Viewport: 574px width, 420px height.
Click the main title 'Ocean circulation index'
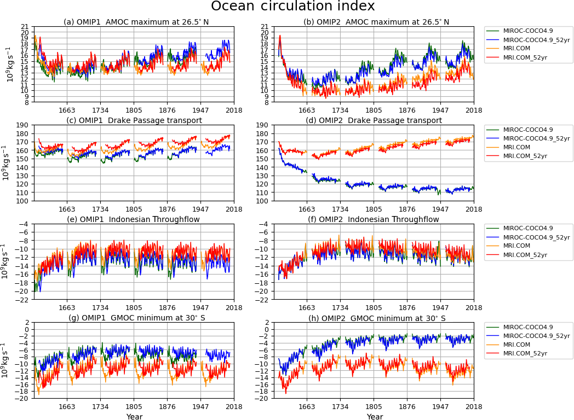[292, 7]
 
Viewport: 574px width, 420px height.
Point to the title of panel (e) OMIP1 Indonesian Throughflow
[134, 219]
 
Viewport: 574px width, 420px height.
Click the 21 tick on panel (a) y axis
[25, 26]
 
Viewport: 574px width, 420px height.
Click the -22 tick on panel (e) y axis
[24, 300]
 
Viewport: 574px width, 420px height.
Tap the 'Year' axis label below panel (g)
[134, 417]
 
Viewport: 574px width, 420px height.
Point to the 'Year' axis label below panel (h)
[375, 417]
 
